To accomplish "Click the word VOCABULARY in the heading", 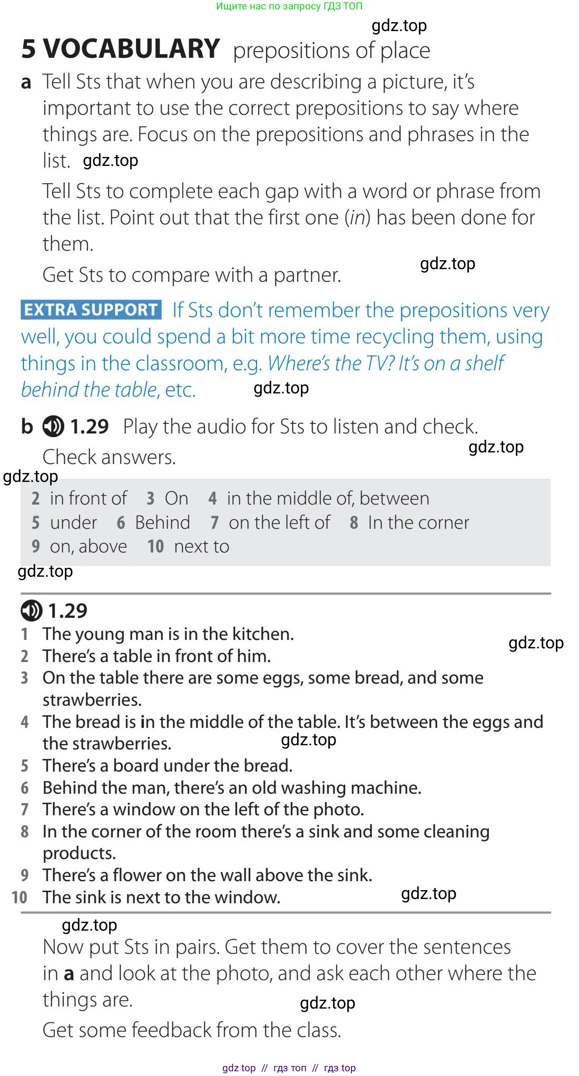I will pyautogui.click(x=131, y=49).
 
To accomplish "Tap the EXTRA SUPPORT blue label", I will pyautogui.click(x=91, y=310).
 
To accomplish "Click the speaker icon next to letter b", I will pyautogui.click(x=53, y=426).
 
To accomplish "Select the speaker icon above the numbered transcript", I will pyautogui.click(x=31, y=610).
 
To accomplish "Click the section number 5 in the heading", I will pyautogui.click(x=29, y=49).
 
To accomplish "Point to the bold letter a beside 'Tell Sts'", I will pyautogui.click(x=26, y=82).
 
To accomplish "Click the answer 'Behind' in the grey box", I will pyautogui.click(x=162, y=522).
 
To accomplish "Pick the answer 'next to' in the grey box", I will pyautogui.click(x=201, y=547).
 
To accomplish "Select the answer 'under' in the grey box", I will pyautogui.click(x=73, y=522).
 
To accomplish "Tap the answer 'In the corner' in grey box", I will pyautogui.click(x=418, y=522).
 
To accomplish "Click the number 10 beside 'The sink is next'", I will pyautogui.click(x=19, y=897).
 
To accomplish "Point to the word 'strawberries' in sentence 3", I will pyautogui.click(x=92, y=700).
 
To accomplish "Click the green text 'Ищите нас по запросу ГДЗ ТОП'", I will pyautogui.click(x=289, y=6).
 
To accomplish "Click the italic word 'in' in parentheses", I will pyautogui.click(x=358, y=218).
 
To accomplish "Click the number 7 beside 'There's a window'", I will pyautogui.click(x=25, y=810).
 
